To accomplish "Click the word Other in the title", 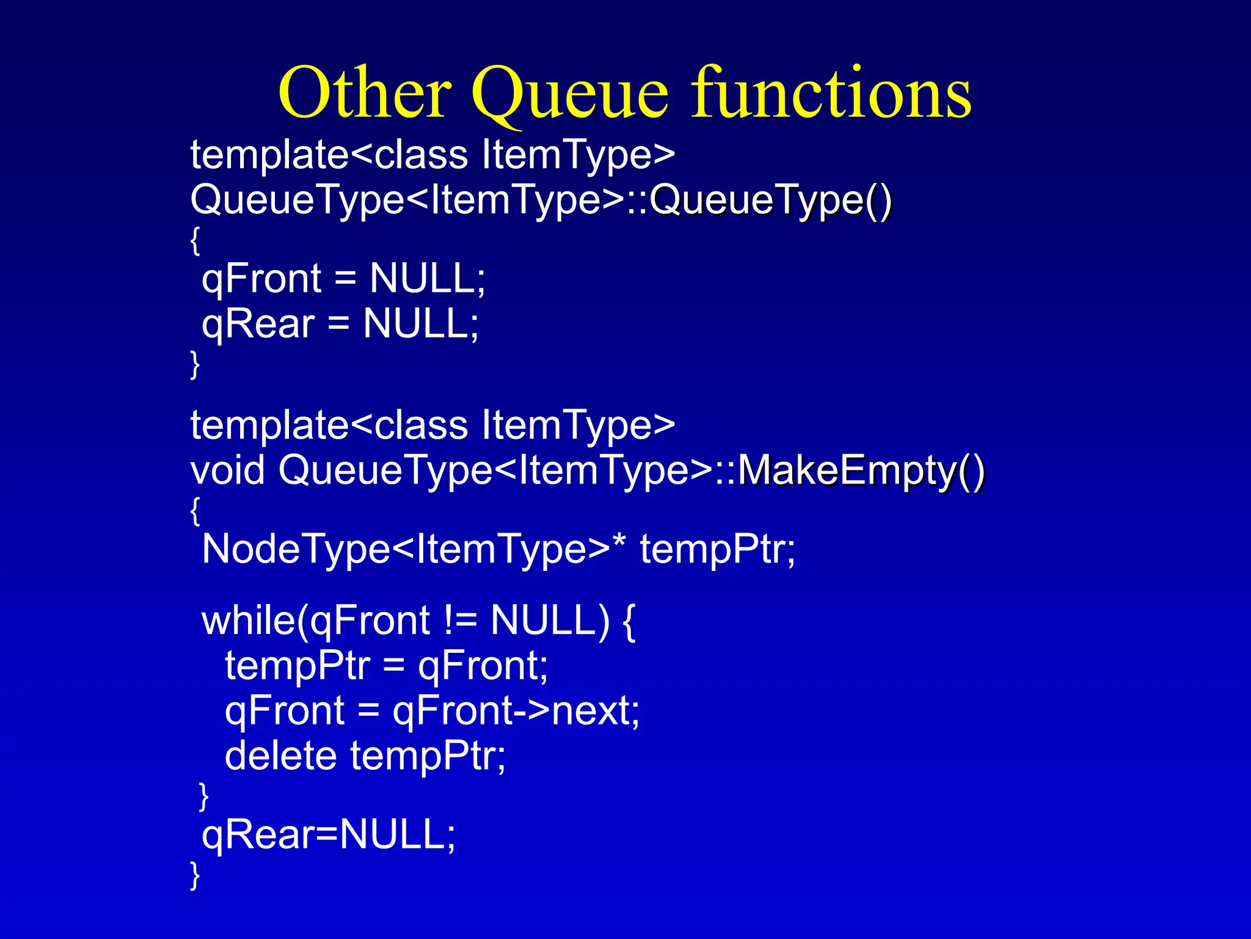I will tap(365, 93).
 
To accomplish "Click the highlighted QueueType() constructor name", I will tap(770, 200).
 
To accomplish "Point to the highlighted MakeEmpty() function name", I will tap(861, 471).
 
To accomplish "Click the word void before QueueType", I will tap(227, 471).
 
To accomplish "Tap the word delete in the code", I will tap(280, 756).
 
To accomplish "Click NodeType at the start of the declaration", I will tap(295, 549).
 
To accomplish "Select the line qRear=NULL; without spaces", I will tap(329, 834).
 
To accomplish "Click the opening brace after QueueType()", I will tap(195, 240).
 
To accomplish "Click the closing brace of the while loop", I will tap(204, 796).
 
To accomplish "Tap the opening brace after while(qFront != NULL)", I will tap(629, 622).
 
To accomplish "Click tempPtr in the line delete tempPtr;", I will tap(428, 757).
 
